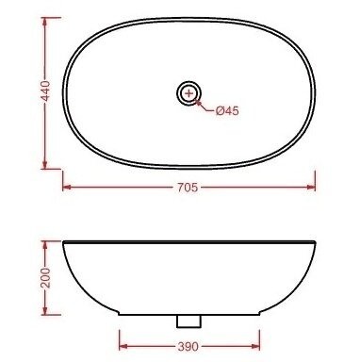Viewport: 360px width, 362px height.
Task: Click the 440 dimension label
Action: (46, 90)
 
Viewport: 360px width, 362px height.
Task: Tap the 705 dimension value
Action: (188, 188)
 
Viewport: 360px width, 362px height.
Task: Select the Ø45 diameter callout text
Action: (227, 110)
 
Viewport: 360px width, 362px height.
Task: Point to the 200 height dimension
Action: (46, 278)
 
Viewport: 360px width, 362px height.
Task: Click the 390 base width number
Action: (188, 347)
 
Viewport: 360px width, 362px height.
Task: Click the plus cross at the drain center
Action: (188, 93)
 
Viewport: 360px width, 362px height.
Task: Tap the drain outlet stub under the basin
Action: (188, 321)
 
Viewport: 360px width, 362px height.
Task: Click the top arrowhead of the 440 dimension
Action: (44, 22)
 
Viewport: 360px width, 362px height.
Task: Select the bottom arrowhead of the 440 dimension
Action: (44, 165)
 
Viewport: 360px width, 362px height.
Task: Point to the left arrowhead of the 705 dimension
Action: (67, 188)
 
